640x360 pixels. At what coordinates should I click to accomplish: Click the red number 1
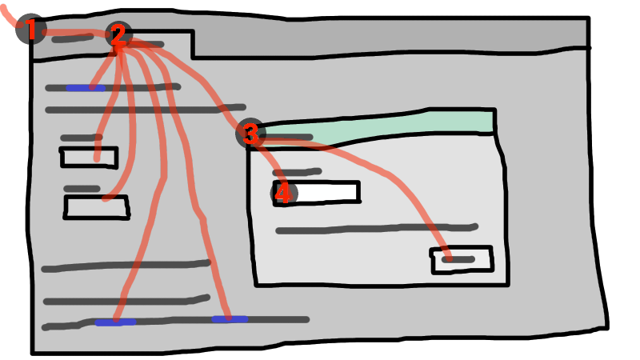[x=31, y=30]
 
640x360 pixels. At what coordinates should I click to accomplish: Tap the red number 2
[x=118, y=34]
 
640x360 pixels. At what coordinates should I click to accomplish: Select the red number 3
[x=250, y=134]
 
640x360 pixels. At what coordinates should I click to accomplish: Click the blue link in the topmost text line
[x=84, y=87]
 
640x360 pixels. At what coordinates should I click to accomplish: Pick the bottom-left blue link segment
[x=114, y=322]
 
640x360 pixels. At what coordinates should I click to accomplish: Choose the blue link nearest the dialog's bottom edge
[x=229, y=319]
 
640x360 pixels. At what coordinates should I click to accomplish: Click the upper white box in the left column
[x=89, y=158]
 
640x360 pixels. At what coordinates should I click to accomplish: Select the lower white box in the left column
[x=96, y=207]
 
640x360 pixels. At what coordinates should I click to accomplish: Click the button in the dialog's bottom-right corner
[x=462, y=259]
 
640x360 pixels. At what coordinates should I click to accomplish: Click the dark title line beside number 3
[x=288, y=138]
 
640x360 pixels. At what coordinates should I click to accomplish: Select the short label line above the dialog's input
[x=298, y=171]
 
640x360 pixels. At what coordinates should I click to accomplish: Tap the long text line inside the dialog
[x=376, y=230]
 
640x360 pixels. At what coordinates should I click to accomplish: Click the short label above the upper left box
[x=81, y=138]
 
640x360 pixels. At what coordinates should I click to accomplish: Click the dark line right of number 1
[x=72, y=38]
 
